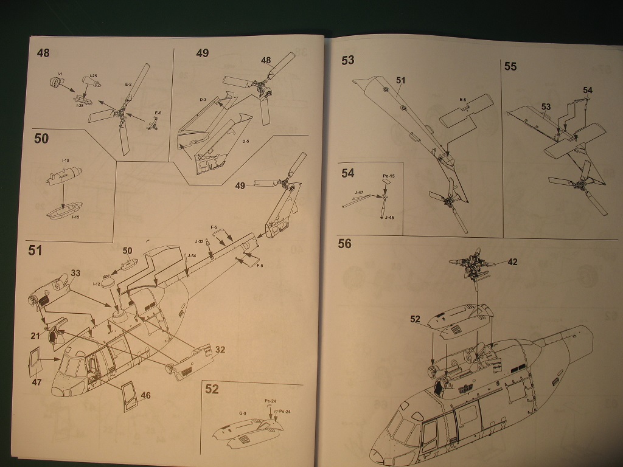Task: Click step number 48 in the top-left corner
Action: (x=43, y=53)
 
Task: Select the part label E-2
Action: (x=129, y=85)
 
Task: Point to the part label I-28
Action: (x=80, y=106)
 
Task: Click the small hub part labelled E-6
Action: (x=153, y=124)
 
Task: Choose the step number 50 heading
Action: (x=41, y=139)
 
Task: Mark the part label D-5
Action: (x=245, y=142)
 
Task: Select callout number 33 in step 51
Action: (x=75, y=272)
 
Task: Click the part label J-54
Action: (x=192, y=255)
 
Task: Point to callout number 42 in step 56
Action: (x=512, y=262)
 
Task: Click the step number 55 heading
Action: (x=510, y=66)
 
